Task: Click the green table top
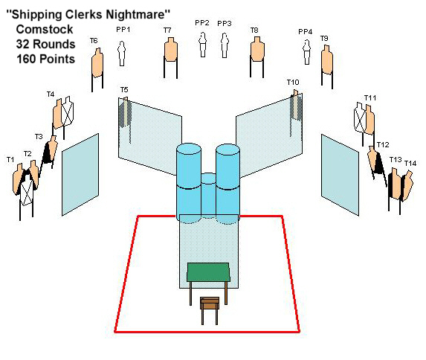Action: click(208, 272)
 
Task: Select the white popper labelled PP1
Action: click(122, 54)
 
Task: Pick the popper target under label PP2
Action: click(202, 45)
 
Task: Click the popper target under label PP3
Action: click(224, 45)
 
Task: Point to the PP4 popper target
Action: click(307, 52)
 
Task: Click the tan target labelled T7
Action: click(170, 49)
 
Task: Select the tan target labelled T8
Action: click(257, 49)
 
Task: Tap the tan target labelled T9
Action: click(327, 60)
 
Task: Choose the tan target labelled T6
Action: click(97, 62)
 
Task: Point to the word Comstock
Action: click(45, 29)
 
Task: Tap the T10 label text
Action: click(293, 82)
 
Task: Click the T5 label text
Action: click(124, 90)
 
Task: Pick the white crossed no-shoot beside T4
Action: click(68, 112)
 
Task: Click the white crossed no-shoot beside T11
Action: click(361, 118)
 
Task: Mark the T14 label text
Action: click(410, 164)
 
